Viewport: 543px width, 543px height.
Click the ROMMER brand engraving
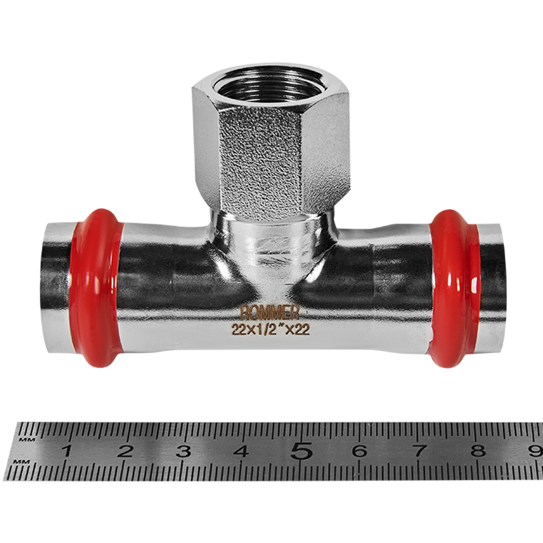[269, 313]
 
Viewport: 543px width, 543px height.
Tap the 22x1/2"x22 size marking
[270, 329]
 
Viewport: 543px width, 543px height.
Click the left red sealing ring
[95, 287]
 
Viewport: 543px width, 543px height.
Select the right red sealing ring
[454, 288]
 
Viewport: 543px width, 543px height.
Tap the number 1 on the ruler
[66, 451]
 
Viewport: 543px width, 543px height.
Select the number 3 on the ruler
[183, 451]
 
